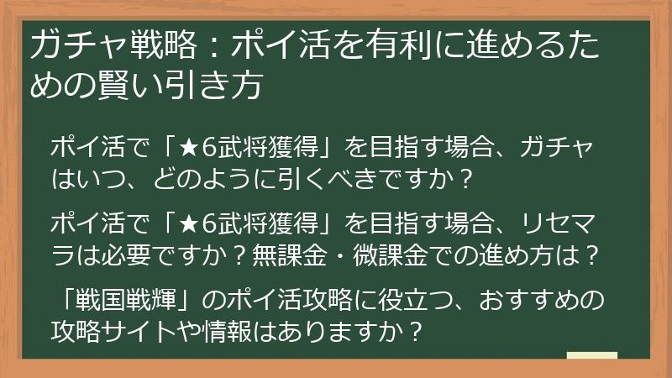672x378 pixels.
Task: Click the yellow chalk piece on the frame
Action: tap(591, 355)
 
